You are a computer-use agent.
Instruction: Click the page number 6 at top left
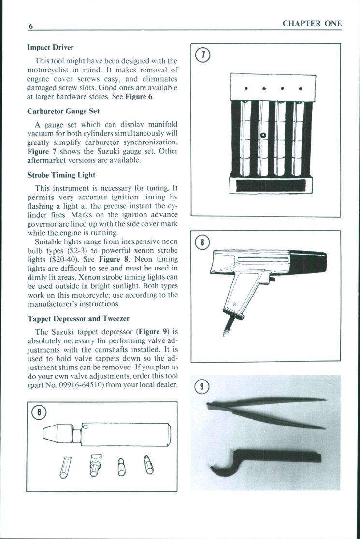(30, 27)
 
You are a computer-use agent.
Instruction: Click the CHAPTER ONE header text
(312, 23)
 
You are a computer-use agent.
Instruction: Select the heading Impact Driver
(50, 48)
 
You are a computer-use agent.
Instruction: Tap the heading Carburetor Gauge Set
(63, 111)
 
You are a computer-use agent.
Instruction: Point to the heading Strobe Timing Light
(61, 175)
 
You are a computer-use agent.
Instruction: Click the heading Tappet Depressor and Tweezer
(78, 318)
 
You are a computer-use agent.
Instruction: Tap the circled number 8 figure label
(203, 242)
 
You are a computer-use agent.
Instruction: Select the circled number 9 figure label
(203, 386)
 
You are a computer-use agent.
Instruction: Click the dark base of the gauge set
(270, 185)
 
